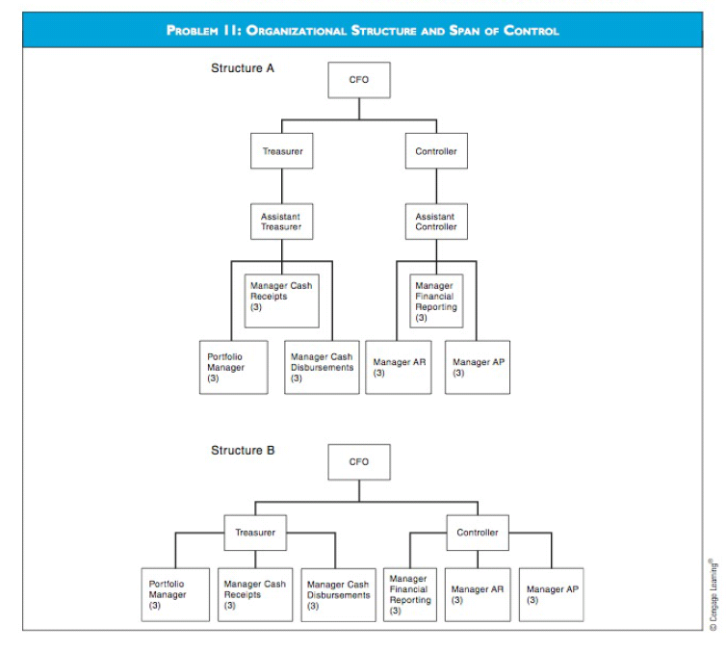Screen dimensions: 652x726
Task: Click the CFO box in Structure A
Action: coord(359,80)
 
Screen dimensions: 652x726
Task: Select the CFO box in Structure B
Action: coord(359,461)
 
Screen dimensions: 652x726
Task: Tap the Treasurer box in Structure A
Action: coord(282,151)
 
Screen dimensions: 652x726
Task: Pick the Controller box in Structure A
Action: coord(436,151)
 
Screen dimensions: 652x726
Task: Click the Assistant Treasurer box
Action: coord(282,222)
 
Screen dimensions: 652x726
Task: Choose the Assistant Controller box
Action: coord(436,222)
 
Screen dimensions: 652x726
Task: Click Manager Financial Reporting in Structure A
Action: coord(436,301)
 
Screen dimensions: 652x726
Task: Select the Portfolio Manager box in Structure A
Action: coord(233,367)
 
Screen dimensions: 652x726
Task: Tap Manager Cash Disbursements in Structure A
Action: coord(323,367)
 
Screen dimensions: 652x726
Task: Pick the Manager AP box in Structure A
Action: coord(477,367)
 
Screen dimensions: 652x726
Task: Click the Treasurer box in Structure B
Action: coord(255,533)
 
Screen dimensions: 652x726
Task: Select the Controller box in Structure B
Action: coord(478,533)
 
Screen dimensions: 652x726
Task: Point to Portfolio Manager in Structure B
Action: coord(175,594)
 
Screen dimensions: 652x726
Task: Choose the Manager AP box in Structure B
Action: coord(553,594)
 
